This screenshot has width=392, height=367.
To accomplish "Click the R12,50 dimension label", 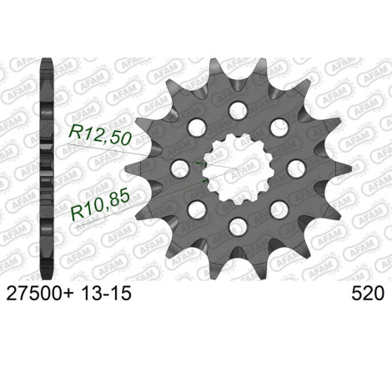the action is coord(100,134).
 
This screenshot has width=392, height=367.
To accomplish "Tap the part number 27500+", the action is coord(39,293).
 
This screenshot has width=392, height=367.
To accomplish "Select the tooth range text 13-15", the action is coord(106,293).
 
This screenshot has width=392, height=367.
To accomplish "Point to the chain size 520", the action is coord(368,293).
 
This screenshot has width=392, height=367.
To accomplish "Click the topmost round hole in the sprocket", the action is coord(238,110).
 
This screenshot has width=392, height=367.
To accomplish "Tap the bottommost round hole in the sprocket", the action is coord(238,227).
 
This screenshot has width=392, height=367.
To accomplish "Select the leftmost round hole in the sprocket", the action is coord(180,168).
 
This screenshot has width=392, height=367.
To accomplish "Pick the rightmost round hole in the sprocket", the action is coord(296,168).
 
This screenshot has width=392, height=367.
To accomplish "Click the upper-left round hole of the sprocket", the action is coord(197,128).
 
